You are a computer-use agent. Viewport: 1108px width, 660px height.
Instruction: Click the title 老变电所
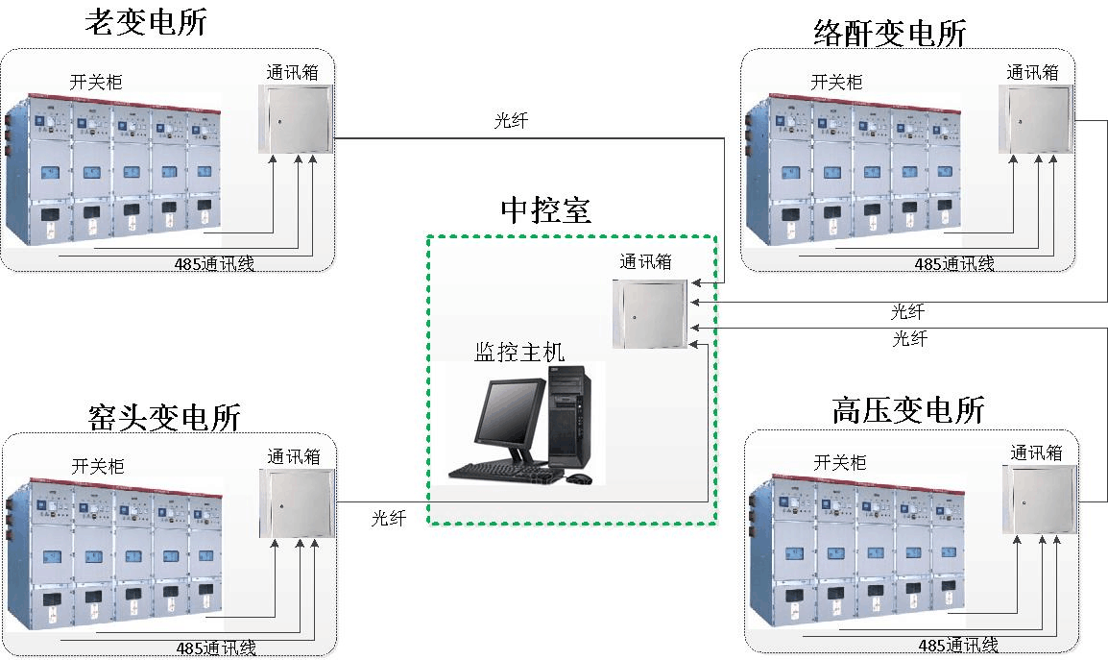pos(145,22)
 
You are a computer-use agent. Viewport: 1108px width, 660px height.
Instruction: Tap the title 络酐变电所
pos(889,34)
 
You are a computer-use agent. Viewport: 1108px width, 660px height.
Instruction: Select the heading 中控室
pos(545,210)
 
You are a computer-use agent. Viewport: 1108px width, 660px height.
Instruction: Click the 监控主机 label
pos(519,353)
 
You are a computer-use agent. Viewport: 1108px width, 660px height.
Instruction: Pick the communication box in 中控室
pos(650,313)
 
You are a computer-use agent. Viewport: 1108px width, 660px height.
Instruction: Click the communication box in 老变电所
pos(295,118)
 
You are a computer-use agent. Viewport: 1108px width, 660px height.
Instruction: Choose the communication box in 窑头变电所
pos(296,502)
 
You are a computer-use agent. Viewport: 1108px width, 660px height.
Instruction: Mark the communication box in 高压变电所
pos(1040,499)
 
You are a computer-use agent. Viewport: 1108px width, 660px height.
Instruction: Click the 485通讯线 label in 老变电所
pos(214,264)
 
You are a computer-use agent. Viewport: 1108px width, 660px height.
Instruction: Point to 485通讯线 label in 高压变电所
pos(958,646)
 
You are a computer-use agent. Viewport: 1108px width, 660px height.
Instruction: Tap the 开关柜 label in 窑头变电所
pos(98,467)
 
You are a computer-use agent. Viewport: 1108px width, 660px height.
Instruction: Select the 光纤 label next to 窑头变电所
pos(390,518)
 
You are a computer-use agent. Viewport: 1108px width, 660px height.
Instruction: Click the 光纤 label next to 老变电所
pos(511,121)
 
